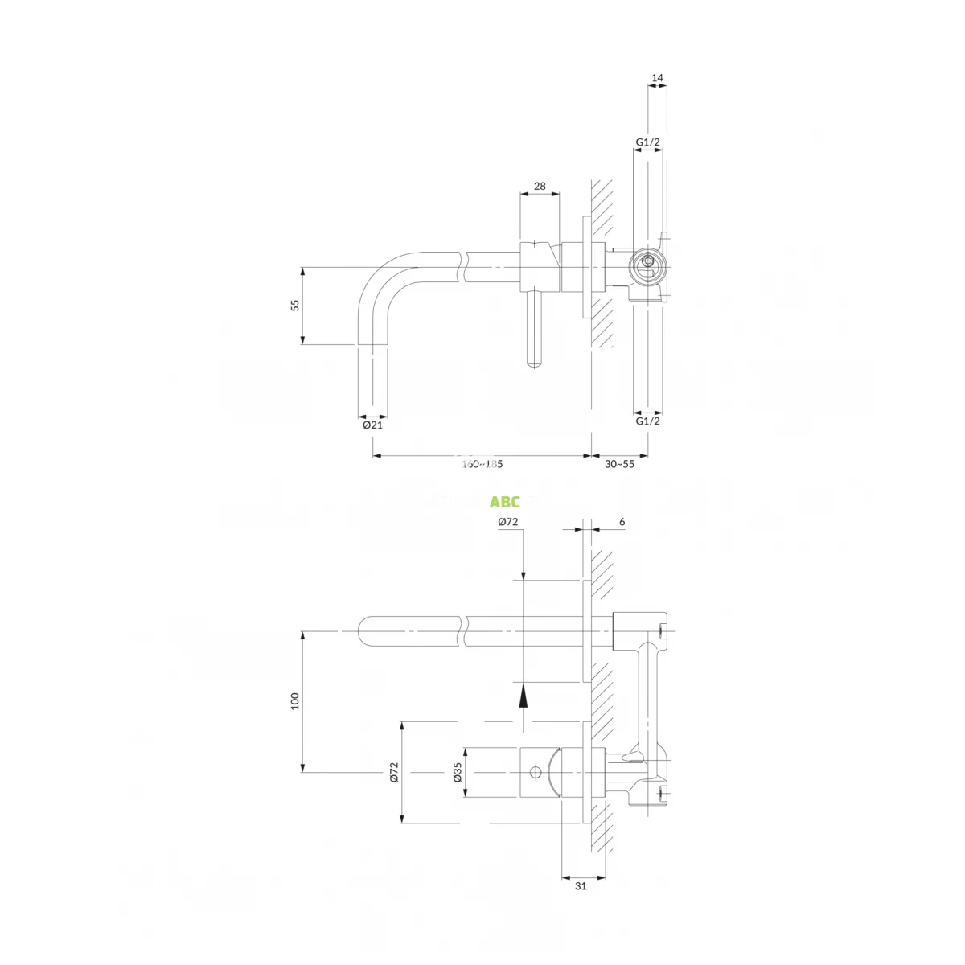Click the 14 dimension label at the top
pos(657,78)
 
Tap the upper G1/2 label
pos(648,142)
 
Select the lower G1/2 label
pos(648,421)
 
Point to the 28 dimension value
pos(540,186)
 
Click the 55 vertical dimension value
pos(295,305)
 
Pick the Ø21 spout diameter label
pos(372,425)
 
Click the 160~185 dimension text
pos(482,464)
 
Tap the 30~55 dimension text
pos(620,464)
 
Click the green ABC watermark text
pos(505,503)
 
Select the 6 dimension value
pos(622,521)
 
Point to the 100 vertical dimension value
pos(295,701)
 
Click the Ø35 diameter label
pos(457,774)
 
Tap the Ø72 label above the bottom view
pos(507,521)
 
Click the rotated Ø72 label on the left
pos(394,773)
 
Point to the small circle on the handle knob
pos(534,772)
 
